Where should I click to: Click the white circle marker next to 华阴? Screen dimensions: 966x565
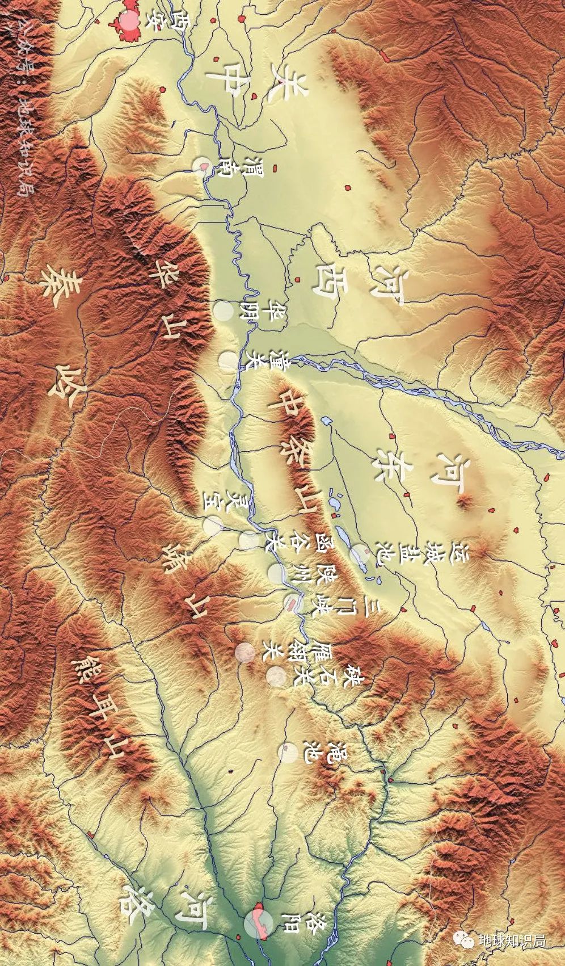point(223,311)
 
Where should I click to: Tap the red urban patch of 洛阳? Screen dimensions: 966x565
point(260,922)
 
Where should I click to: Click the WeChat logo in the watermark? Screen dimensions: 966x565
point(467,940)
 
